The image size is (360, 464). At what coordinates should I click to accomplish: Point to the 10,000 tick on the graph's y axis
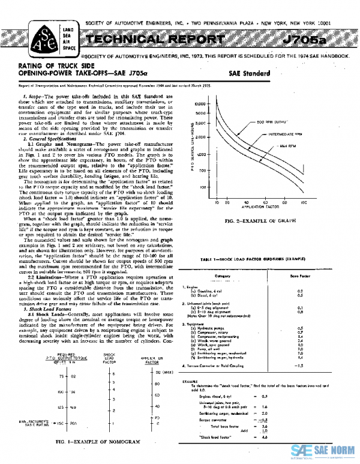click(202, 104)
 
